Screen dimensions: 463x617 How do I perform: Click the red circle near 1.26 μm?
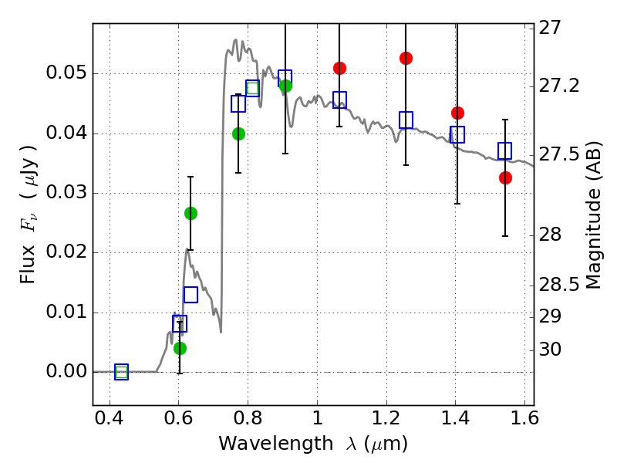click(406, 58)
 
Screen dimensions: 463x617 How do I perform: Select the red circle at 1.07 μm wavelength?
click(339, 68)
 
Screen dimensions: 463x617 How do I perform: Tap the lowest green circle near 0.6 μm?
click(180, 348)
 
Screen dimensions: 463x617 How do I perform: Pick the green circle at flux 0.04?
click(238, 133)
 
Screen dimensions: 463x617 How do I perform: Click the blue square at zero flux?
click(121, 372)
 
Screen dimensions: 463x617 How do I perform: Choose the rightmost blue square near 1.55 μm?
click(505, 150)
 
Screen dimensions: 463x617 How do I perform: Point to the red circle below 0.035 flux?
click(505, 177)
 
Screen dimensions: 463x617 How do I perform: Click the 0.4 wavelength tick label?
click(110, 421)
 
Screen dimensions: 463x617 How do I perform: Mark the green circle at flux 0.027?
click(190, 213)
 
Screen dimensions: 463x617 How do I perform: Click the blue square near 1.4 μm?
click(457, 134)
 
